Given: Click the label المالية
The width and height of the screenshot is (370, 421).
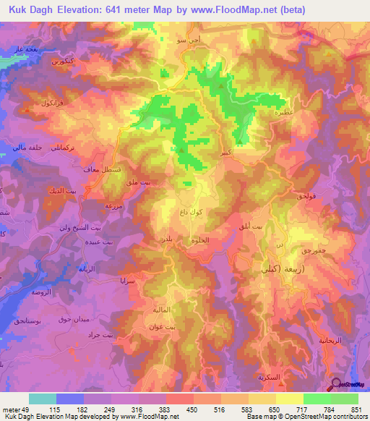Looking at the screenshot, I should [160, 310].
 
